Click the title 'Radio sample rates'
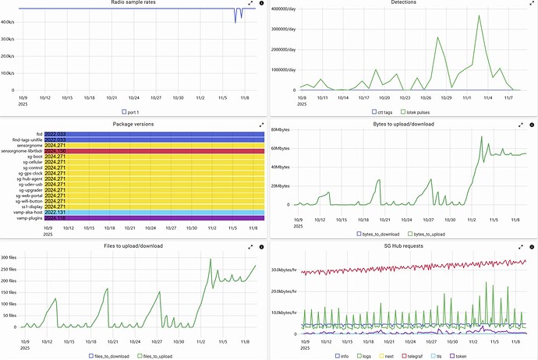pos(134,3)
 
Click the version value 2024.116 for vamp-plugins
pos(55,217)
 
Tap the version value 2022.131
pos(55,212)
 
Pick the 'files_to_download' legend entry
pos(109,356)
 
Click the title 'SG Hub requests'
pos(403,245)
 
